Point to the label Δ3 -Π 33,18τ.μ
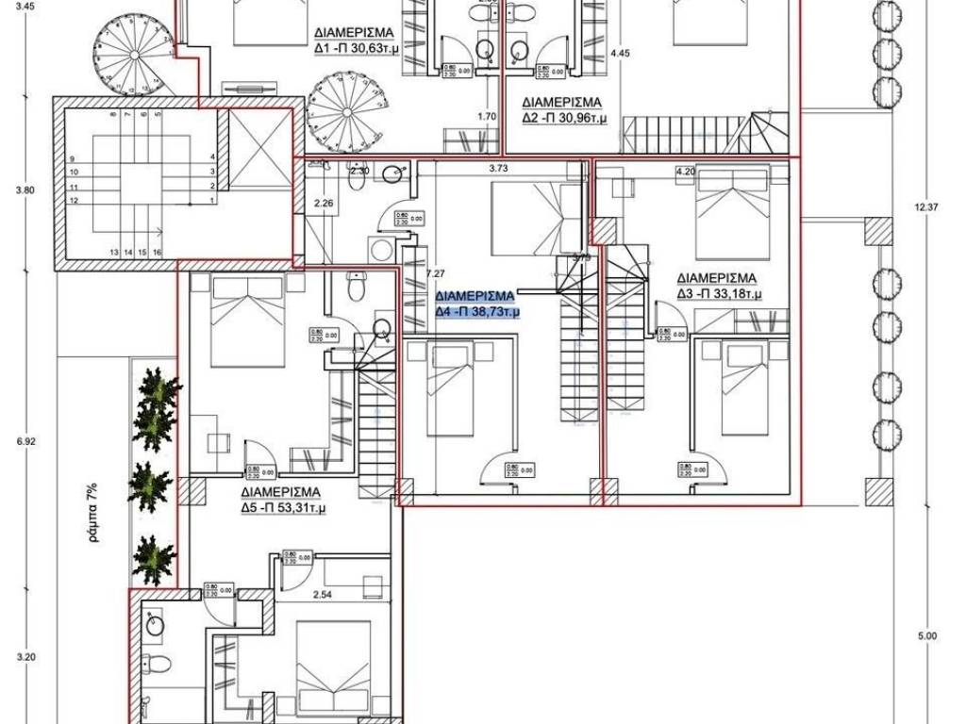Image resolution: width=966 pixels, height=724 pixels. [720, 294]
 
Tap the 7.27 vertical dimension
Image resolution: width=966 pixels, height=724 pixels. [435, 273]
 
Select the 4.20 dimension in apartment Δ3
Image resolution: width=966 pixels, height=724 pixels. [685, 172]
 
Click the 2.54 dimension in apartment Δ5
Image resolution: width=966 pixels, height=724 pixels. [324, 595]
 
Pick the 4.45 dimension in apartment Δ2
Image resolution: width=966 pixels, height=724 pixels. [620, 54]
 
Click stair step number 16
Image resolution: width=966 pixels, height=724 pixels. [157, 252]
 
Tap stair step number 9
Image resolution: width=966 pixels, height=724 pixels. [73, 158]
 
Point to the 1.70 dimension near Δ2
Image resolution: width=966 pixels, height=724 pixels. [487, 117]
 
